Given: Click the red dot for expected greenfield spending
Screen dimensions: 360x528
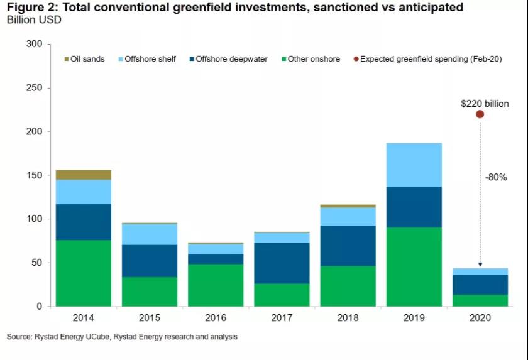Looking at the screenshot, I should click(x=480, y=114).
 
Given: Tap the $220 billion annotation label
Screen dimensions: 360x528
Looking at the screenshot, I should click(x=485, y=103).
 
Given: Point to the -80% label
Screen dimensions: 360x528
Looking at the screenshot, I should click(x=495, y=178).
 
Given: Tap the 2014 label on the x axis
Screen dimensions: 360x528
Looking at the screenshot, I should click(x=84, y=318).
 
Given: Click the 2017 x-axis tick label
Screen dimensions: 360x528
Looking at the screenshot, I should click(x=282, y=318).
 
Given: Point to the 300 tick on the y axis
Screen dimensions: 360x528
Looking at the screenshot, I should click(x=35, y=45).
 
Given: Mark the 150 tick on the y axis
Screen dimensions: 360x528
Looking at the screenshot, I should click(x=35, y=175).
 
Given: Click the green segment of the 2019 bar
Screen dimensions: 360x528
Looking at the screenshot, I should click(x=414, y=266).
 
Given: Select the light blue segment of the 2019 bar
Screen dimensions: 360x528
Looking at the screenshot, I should click(x=414, y=165).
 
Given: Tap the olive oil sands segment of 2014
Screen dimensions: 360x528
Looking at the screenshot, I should click(x=84, y=175).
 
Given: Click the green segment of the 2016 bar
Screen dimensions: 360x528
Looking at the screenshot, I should click(x=216, y=285).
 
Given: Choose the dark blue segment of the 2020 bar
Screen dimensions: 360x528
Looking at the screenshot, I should click(x=480, y=285).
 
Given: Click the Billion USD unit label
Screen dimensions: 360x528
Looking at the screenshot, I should click(x=34, y=19).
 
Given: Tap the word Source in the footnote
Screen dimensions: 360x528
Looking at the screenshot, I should click(x=19, y=337).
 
